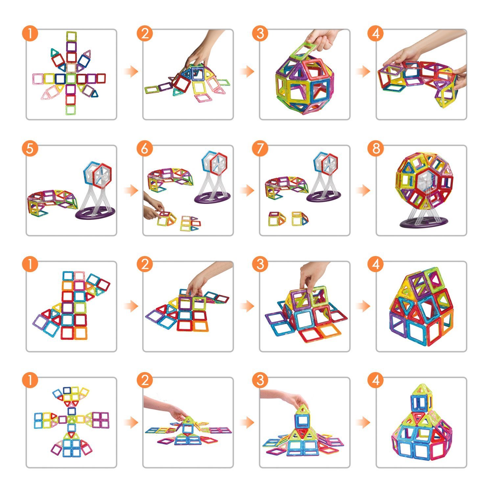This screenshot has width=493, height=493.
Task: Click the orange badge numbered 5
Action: tap(30, 149)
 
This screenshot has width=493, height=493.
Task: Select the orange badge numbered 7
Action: tap(260, 149)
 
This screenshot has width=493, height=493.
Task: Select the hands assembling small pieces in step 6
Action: tap(153, 209)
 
